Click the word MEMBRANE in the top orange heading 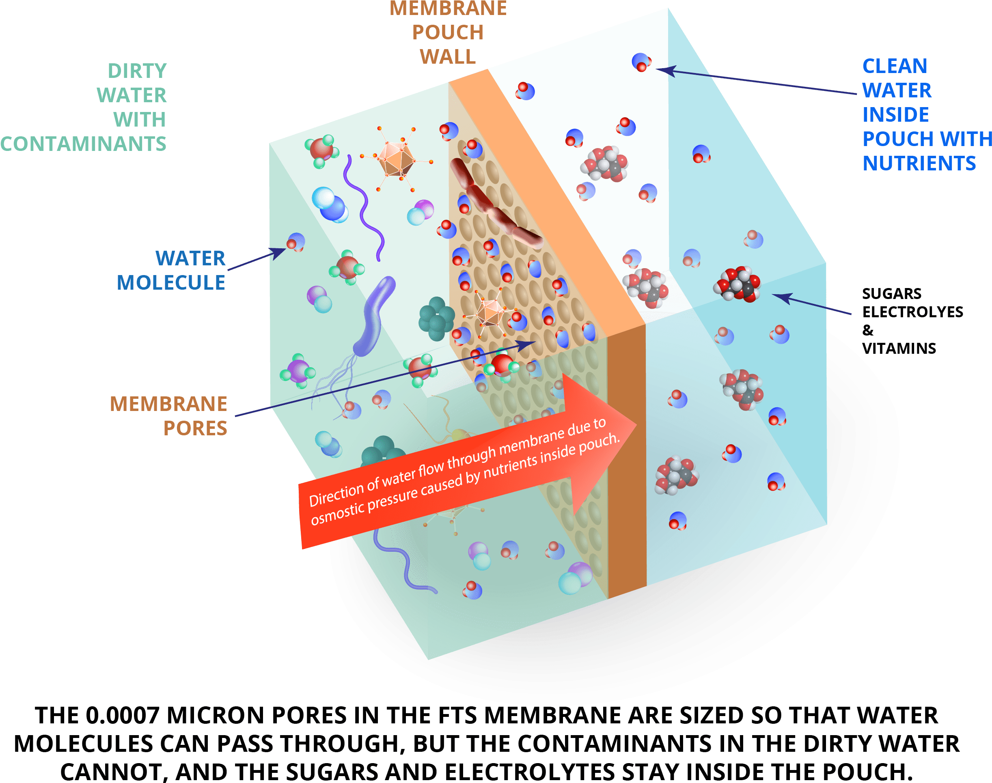point(448,8)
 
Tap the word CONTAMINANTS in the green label point(83,144)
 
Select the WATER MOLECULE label point(171,271)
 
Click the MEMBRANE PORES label point(168,416)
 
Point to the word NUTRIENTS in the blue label point(919,163)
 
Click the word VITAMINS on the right point(899,349)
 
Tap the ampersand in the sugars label point(868,330)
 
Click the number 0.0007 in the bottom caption point(123,716)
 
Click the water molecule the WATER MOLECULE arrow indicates point(296,243)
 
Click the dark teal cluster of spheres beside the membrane point(436,318)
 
